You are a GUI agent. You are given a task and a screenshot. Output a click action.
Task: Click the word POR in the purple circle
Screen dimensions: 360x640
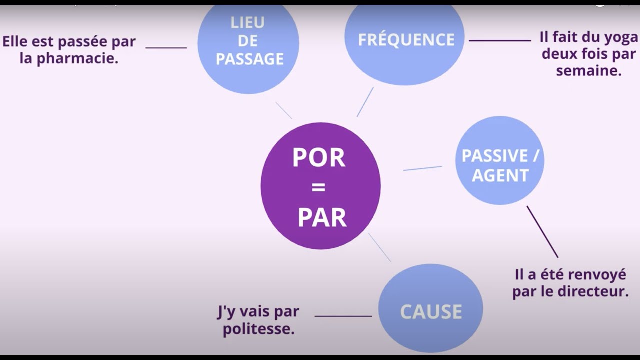[319, 158]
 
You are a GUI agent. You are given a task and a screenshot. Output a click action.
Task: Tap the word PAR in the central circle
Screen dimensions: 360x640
[322, 218]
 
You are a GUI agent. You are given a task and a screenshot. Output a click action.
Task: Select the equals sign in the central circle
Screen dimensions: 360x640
[318, 188]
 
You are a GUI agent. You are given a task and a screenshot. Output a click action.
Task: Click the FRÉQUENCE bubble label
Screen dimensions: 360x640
[406, 40]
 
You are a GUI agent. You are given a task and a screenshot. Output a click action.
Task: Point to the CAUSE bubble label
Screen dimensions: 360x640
[431, 312]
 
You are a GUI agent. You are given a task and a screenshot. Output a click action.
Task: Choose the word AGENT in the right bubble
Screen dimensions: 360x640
[500, 175]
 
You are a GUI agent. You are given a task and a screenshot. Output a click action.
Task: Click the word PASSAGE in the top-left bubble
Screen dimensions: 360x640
[250, 59]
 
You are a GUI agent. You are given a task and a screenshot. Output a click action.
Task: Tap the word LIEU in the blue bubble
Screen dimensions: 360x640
[247, 23]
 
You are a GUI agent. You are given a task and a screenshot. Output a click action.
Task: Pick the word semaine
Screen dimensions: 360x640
[589, 71]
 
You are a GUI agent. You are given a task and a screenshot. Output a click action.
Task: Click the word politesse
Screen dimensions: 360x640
[258, 329]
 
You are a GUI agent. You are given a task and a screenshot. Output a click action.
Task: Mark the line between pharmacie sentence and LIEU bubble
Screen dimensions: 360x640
[166, 48]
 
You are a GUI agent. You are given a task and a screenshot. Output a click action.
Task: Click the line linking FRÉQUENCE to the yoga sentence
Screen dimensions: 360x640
[500, 40]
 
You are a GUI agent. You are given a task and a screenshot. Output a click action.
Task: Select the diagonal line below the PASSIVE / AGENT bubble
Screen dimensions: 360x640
[542, 232]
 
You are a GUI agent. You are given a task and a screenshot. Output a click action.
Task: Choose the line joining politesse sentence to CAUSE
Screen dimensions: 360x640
[343, 316]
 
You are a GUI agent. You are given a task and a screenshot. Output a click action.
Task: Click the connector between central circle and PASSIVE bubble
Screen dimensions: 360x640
[422, 168]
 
